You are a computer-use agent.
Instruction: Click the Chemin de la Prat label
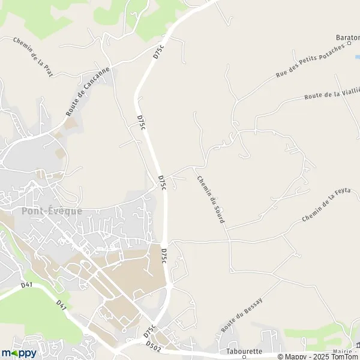(33, 56)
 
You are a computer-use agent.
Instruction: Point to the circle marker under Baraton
(349, 44)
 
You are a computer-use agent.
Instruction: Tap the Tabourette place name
(245, 351)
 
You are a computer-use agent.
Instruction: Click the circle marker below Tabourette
(245, 358)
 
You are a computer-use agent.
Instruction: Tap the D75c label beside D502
(151, 331)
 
